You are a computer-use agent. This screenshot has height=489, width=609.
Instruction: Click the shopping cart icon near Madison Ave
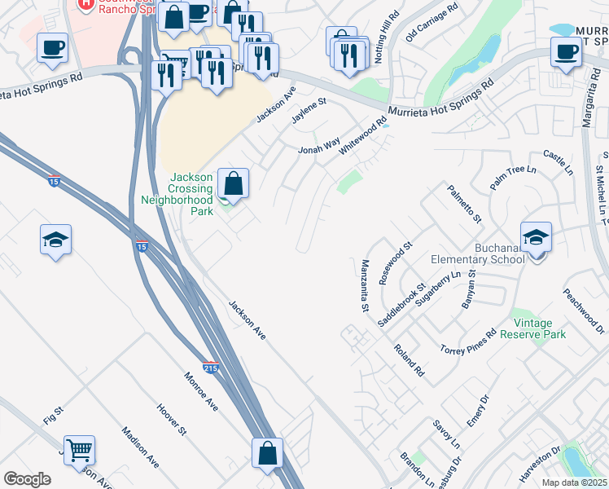coord(80,450)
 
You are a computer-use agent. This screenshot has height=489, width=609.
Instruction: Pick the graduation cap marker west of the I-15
coord(55,240)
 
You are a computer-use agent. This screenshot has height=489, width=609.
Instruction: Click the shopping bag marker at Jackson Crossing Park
coord(234,184)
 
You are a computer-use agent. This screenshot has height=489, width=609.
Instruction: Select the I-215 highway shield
coord(211,368)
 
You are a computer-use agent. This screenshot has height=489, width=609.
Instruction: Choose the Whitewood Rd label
coord(363,137)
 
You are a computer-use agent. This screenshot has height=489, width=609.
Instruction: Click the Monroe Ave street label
coord(200,391)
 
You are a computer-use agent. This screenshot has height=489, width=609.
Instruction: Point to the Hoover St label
coord(172,420)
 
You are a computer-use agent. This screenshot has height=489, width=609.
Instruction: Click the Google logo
coord(28,478)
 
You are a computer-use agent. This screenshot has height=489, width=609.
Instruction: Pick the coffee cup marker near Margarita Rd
coord(567,52)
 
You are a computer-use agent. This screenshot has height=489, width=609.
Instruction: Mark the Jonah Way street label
coord(318,145)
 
